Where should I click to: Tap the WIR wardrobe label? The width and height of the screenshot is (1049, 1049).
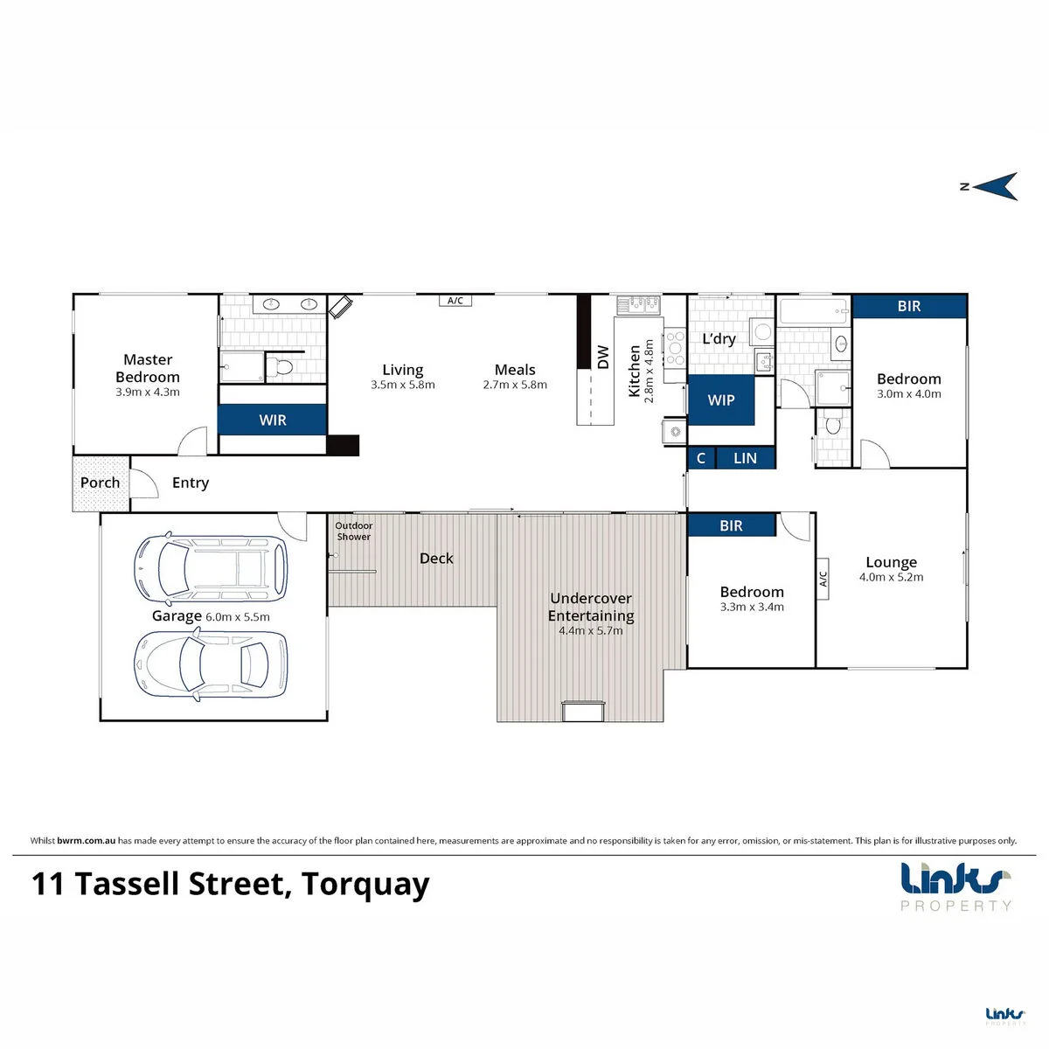tap(272, 420)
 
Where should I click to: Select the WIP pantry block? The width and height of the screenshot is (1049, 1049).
tap(721, 399)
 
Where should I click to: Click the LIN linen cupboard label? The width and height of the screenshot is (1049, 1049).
tap(745, 458)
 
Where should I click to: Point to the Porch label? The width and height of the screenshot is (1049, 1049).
tap(101, 483)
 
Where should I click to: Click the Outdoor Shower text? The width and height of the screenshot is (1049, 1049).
tap(354, 531)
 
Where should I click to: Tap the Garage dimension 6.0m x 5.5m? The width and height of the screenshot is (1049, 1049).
tap(238, 617)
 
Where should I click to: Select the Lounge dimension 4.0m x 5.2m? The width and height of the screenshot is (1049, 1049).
tap(891, 577)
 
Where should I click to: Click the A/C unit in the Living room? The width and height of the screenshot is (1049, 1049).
tap(455, 301)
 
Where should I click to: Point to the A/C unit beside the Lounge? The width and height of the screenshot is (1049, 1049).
tap(823, 579)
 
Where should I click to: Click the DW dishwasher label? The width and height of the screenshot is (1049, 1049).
tap(603, 357)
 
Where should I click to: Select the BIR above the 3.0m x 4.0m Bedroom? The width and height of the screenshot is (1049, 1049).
tap(909, 306)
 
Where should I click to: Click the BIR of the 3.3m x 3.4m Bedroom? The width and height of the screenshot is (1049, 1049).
tap(731, 525)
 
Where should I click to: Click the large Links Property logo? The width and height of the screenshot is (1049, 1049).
tap(956, 886)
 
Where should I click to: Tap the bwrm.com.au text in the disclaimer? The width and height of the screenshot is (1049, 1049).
tap(86, 840)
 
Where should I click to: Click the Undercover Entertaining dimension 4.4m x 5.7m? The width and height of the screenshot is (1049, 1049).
tap(591, 631)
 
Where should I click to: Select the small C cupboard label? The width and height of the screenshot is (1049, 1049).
tap(701, 458)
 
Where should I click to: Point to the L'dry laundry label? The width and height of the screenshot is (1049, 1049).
tap(719, 338)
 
